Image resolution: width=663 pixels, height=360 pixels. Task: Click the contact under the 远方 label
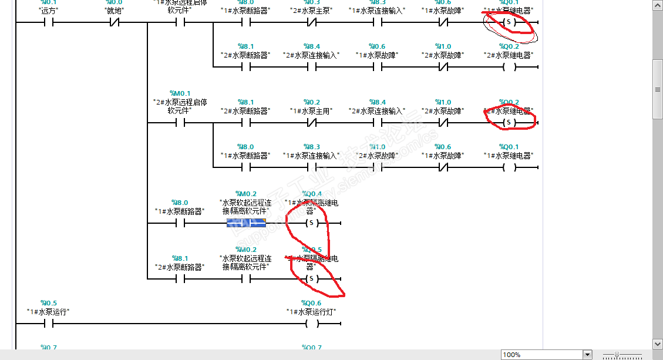(x=49, y=23)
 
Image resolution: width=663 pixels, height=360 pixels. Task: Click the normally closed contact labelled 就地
(x=115, y=23)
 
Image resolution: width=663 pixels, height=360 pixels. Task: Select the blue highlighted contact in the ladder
(x=246, y=223)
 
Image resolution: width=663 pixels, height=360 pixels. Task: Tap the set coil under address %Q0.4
(x=312, y=223)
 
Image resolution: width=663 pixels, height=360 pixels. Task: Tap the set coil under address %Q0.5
(x=312, y=278)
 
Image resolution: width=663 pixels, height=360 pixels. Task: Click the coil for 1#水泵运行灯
(x=312, y=324)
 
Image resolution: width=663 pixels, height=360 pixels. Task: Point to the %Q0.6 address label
(x=312, y=303)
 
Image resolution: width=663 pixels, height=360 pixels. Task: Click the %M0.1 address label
(x=180, y=93)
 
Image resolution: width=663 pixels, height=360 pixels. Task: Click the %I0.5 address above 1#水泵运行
(x=49, y=303)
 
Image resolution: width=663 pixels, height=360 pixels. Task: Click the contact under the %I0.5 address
(x=49, y=324)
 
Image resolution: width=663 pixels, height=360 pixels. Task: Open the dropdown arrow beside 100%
(x=587, y=355)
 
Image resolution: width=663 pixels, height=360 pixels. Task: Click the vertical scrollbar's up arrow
(x=658, y=5)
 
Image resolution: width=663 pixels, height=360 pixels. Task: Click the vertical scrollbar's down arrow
(x=658, y=344)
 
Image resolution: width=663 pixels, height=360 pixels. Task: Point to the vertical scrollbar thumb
(x=658, y=89)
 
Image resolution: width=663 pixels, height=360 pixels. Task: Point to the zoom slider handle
(x=617, y=355)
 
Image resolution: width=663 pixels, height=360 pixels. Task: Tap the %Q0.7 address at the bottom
(x=312, y=348)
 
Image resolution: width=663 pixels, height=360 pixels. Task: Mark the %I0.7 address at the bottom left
(x=49, y=348)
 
